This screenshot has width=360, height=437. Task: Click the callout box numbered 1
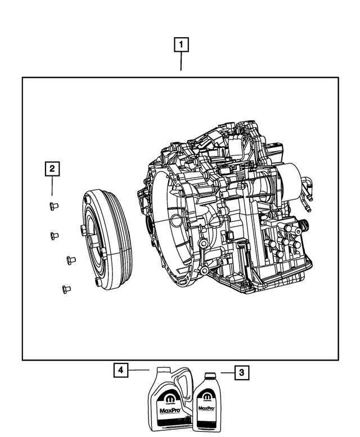(181, 44)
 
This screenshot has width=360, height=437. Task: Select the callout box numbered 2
(52, 168)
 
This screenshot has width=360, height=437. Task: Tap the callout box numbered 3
(241, 372)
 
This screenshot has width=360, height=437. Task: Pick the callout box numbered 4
(119, 370)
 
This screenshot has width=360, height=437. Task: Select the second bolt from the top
(55, 235)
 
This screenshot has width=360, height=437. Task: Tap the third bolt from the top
(71, 259)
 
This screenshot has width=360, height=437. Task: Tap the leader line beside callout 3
(225, 372)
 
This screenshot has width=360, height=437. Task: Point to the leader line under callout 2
(52, 186)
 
